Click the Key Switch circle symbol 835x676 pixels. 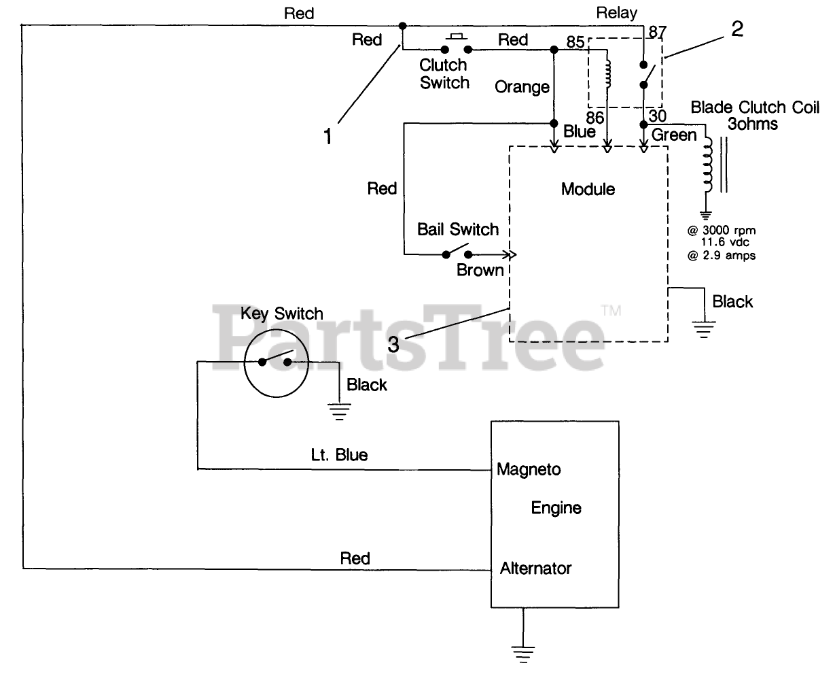pos(276,365)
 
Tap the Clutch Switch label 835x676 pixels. pos(444,74)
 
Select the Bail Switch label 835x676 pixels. pos(458,229)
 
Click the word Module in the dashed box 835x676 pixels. pos(588,189)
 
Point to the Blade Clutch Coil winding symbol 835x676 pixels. pos(709,163)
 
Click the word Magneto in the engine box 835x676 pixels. pos(529,469)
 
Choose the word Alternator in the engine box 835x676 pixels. pos(536,568)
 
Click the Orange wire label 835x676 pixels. pos(522,87)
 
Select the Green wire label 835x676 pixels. pos(674,135)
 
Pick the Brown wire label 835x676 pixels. pos(480,270)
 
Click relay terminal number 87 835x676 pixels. pos(657,31)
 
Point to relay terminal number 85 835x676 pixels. pos(575,42)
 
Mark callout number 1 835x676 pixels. pos(328,137)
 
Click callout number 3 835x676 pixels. pos(393,344)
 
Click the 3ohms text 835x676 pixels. pos(752,124)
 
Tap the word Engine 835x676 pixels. pos(556,508)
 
